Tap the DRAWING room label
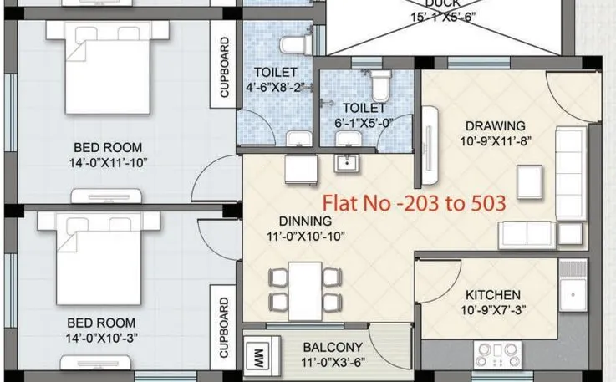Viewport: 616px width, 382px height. (496, 126)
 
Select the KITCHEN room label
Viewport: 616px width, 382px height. (493, 295)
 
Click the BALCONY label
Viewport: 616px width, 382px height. (332, 347)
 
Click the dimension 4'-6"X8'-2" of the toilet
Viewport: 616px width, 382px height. (274, 87)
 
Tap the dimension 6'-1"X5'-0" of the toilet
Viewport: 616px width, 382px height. (364, 123)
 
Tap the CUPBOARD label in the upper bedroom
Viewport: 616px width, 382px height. (224, 68)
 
